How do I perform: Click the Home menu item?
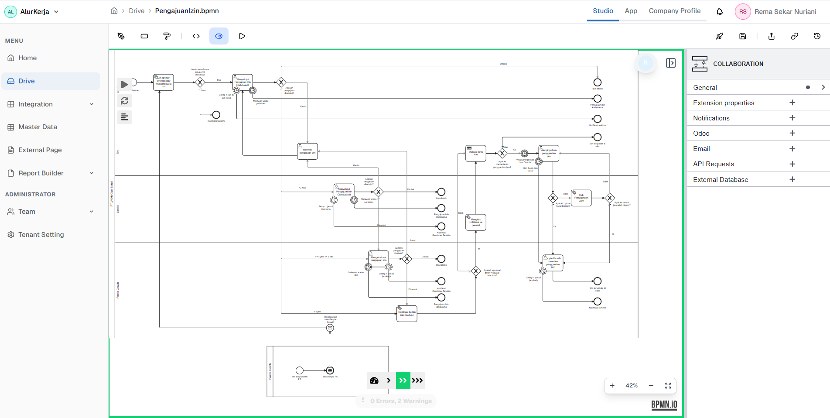click(27, 58)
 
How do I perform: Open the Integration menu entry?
click(35, 104)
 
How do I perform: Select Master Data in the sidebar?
click(38, 127)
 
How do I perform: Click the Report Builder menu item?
click(41, 173)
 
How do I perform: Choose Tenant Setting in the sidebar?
click(41, 235)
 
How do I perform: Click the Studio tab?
click(603, 11)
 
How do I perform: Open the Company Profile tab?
click(674, 11)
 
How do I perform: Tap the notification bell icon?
click(720, 12)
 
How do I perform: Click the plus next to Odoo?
click(792, 133)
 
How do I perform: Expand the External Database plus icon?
click(792, 179)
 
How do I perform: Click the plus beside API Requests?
click(792, 164)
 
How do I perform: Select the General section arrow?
click(823, 87)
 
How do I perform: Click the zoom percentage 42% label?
click(631, 386)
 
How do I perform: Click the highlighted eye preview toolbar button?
click(219, 36)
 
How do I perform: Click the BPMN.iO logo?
click(664, 404)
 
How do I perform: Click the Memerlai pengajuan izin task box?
click(307, 151)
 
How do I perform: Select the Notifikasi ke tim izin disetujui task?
click(406, 314)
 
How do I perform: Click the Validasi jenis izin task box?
click(475, 154)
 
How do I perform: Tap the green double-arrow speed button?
click(403, 380)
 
